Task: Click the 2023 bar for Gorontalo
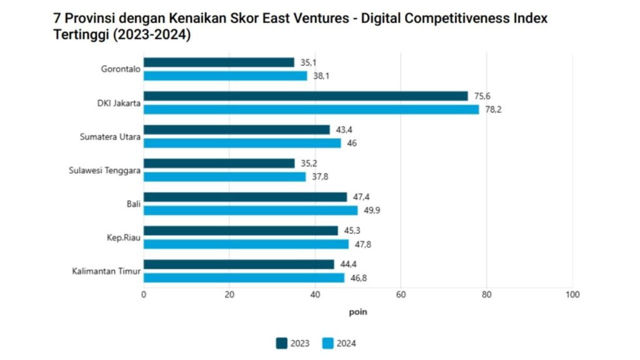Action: pos(219,62)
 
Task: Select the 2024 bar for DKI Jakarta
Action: pos(311,109)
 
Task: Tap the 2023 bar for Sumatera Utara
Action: pos(237,129)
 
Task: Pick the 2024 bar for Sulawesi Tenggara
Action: pos(225,177)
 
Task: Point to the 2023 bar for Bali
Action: pos(245,197)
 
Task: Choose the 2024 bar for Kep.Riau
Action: pos(246,244)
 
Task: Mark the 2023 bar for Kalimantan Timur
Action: pos(239,264)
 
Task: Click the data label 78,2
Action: pos(494,109)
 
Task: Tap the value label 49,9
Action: pos(372,211)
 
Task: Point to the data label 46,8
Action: pos(358,278)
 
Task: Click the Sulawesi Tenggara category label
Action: pos(104,171)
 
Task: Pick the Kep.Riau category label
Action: pos(124,238)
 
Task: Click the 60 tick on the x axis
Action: pos(401,294)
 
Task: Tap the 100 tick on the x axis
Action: pos(572,294)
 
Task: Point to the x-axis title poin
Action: pos(358,312)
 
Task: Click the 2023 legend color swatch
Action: pos(281,343)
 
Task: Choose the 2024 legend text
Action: pos(346,343)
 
